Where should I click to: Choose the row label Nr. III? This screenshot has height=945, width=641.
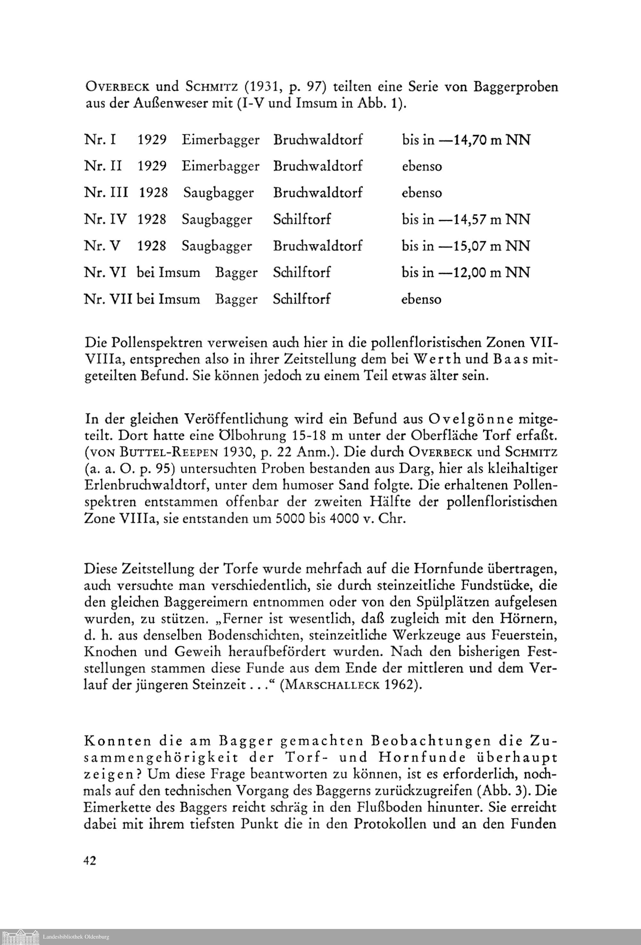point(106,193)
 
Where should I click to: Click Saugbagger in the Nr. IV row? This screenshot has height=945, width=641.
point(217,220)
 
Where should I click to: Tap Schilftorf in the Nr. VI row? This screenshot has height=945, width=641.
point(302,273)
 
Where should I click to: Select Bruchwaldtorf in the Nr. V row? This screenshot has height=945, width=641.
point(317,246)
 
